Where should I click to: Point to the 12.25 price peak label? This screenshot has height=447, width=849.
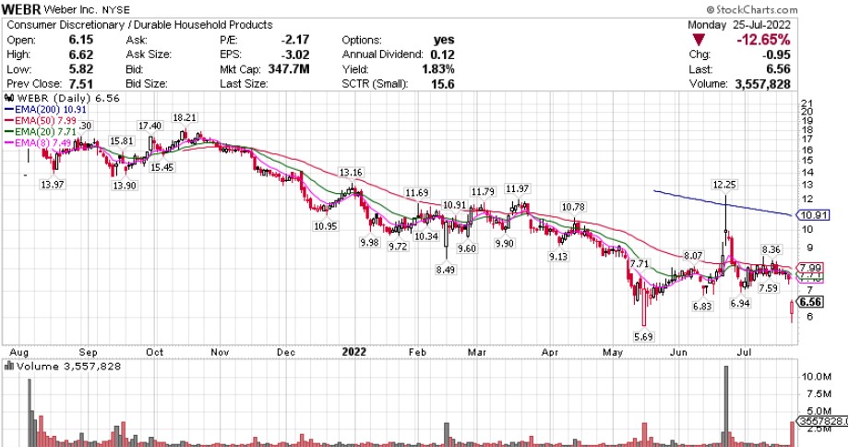coord(725,184)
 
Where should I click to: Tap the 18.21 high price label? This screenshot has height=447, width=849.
coord(185,117)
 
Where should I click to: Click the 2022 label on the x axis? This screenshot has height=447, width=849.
coord(354,351)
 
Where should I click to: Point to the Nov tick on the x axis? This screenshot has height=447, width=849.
coord(219,351)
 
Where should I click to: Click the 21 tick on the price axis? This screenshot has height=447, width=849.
coord(806,103)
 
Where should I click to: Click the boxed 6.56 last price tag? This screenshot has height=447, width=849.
coord(811,302)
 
